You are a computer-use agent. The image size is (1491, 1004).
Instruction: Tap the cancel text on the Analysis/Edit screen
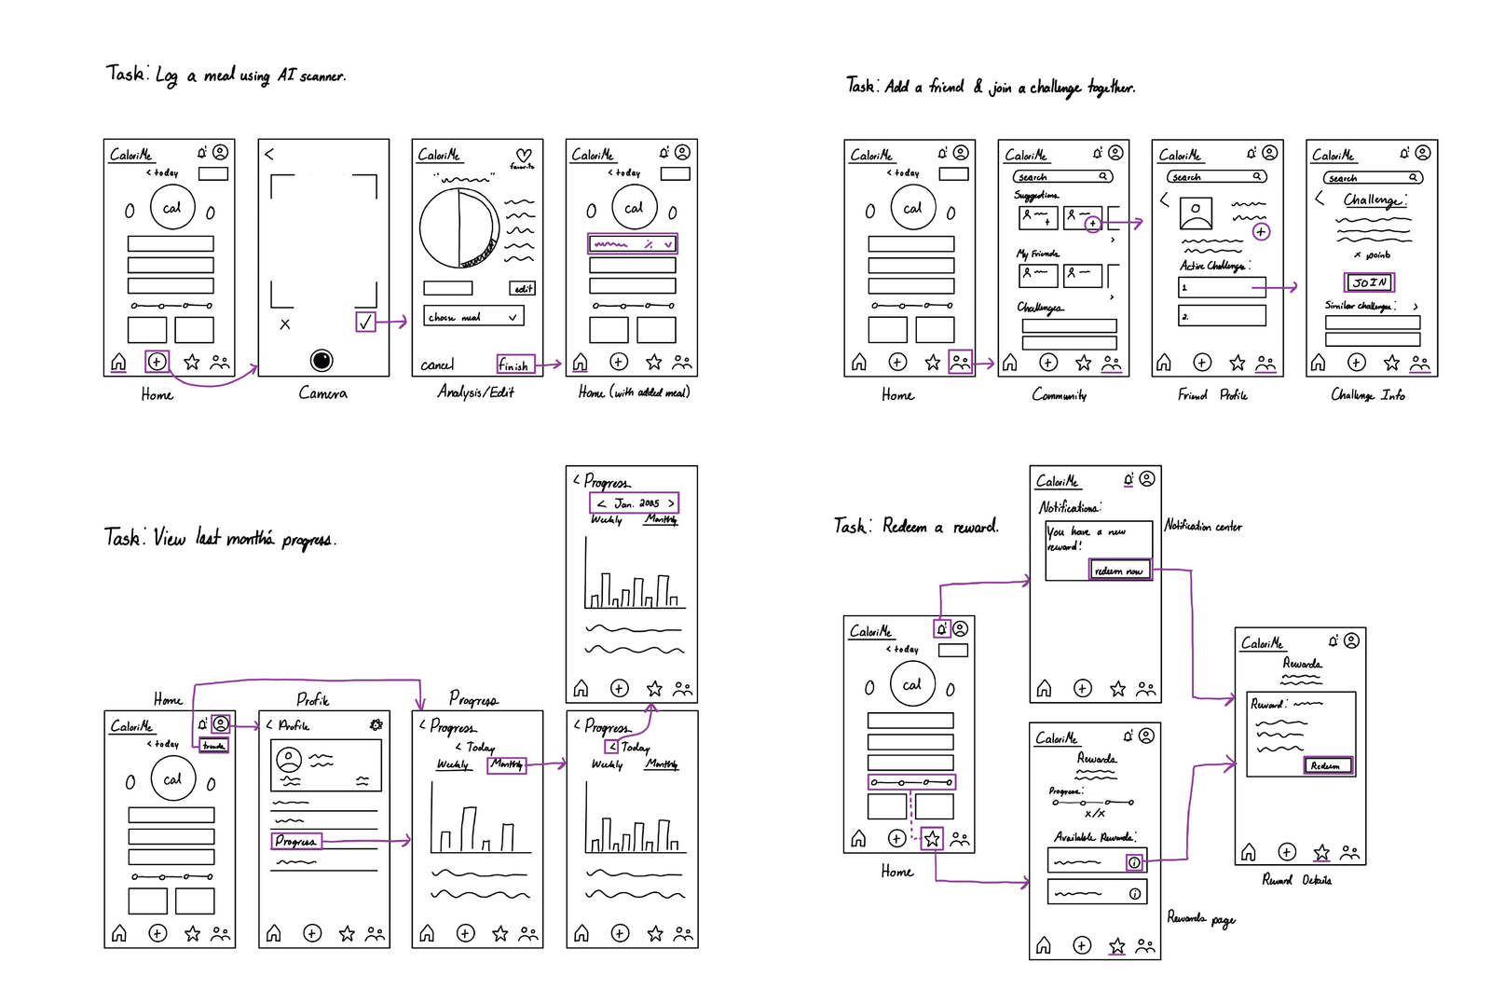click(x=436, y=365)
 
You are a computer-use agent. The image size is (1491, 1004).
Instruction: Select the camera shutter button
click(x=321, y=360)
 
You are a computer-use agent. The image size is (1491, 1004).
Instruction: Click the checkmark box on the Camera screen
click(x=365, y=322)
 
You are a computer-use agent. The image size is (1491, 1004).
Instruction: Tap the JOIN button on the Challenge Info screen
click(x=1369, y=282)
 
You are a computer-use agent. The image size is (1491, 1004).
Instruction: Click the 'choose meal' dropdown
click(x=473, y=317)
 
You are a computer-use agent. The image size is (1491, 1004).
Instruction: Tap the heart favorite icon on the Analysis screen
click(x=524, y=156)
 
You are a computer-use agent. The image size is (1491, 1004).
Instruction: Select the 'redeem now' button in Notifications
click(x=1120, y=570)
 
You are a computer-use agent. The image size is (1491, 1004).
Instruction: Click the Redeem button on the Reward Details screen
click(x=1327, y=765)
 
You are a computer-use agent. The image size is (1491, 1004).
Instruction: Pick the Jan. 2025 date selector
click(x=635, y=503)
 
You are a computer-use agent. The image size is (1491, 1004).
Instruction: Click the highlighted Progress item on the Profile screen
click(x=296, y=841)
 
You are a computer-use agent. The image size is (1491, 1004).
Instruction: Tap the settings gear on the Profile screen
click(x=376, y=724)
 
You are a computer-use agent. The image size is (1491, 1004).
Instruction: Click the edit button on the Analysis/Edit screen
click(x=523, y=289)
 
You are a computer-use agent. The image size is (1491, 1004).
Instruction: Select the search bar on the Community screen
click(x=1062, y=176)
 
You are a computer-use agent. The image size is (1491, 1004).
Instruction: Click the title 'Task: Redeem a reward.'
click(x=916, y=527)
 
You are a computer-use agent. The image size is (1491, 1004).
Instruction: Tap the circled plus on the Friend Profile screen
click(x=1261, y=231)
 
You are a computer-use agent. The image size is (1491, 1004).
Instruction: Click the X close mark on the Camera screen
click(x=285, y=324)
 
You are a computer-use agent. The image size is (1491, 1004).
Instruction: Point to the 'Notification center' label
click(x=1203, y=527)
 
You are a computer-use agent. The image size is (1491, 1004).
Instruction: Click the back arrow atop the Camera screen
click(x=269, y=154)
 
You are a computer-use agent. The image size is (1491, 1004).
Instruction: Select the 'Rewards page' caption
click(x=1200, y=919)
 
